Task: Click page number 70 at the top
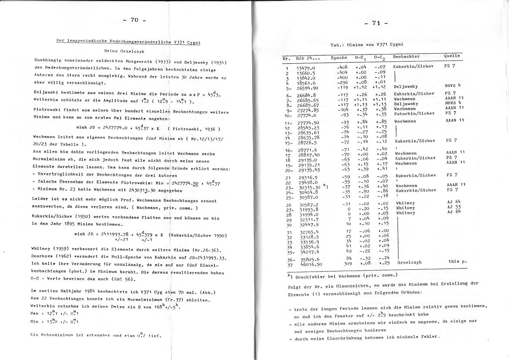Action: (x=134, y=20)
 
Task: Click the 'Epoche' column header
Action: (x=339, y=57)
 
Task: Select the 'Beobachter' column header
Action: (x=406, y=57)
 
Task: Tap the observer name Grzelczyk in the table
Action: (x=409, y=262)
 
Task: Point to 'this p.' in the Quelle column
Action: (x=457, y=262)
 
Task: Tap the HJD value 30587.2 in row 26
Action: (x=307, y=204)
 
